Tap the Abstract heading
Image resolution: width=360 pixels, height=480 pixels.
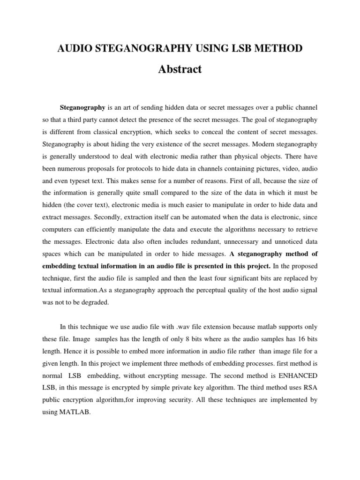(x=180, y=69)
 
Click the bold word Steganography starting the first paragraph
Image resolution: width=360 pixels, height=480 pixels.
(x=83, y=108)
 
